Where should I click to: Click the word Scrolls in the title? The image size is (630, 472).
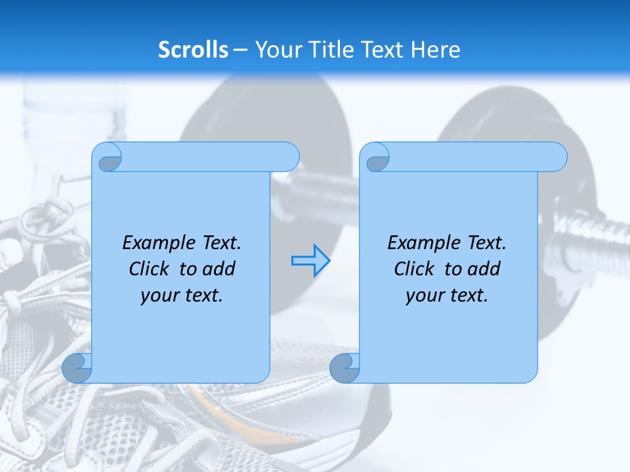point(194,50)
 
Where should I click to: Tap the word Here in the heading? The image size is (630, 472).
point(435,50)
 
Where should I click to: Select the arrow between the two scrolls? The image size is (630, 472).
point(310,260)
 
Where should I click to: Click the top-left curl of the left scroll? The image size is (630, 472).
point(110,160)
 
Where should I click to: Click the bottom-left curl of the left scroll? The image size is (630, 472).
point(77,368)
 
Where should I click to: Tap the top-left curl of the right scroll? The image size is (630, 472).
point(377,161)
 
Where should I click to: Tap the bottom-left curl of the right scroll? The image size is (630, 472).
point(344,368)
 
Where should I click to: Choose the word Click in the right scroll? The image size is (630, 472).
point(414,269)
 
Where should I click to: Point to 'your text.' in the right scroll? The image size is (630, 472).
point(447,295)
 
